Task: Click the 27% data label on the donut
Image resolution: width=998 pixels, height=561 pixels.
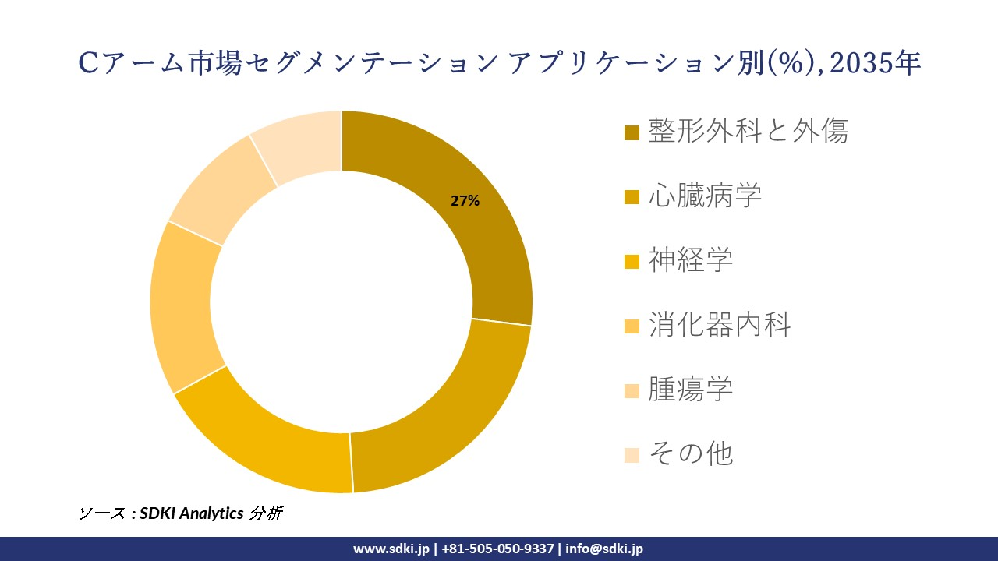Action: click(465, 201)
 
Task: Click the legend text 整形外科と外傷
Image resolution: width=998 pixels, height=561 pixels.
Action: click(748, 131)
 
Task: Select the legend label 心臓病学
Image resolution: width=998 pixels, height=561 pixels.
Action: click(704, 196)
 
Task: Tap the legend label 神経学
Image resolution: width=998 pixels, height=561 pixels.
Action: click(690, 260)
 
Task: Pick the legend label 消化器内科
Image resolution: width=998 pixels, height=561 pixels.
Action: click(719, 325)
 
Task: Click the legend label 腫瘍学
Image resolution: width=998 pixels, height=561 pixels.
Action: click(690, 390)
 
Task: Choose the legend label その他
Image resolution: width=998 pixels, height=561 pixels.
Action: click(690, 453)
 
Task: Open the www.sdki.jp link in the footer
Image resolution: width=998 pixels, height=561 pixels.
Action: click(391, 549)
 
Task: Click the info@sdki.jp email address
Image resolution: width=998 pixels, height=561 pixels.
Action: click(604, 549)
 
